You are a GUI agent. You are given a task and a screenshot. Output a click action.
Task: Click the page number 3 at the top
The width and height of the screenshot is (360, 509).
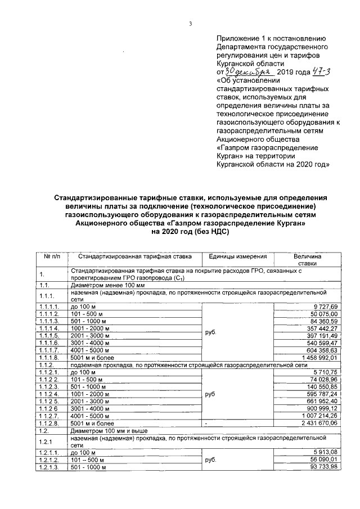tap(191, 24)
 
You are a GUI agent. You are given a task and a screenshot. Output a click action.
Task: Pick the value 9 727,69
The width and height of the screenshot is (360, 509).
tap(325, 305)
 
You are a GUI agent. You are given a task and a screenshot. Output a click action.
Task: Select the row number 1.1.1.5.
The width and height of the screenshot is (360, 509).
tap(49, 335)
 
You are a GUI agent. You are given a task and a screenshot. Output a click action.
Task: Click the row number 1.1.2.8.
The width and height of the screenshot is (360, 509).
tap(49, 423)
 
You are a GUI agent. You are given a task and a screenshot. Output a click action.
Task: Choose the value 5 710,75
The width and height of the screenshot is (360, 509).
tap(325, 372)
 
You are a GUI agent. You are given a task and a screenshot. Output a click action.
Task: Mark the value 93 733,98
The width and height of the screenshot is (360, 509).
tap(323, 467)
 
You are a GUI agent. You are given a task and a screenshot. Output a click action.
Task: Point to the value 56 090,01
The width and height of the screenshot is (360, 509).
tap(323, 460)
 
